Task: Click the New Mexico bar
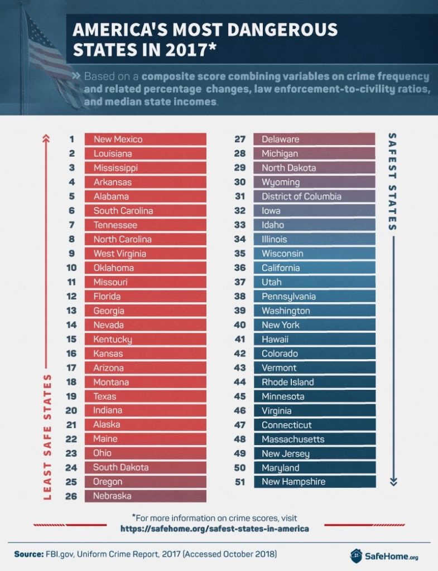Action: tap(145, 139)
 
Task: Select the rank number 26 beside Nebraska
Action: tap(71, 496)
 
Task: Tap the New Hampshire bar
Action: tap(314, 482)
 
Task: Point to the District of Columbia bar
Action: tap(314, 196)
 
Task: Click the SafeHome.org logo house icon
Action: tap(357, 555)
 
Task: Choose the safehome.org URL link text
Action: tap(214, 528)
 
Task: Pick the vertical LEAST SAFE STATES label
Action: tap(47, 437)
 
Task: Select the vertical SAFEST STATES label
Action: tap(392, 181)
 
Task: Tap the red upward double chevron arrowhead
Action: tap(45, 138)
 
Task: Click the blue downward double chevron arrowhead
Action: tap(392, 481)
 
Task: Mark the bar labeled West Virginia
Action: tap(145, 254)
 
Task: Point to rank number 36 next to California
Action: tap(240, 268)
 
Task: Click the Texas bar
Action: tap(145, 396)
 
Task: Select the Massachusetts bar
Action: tap(314, 439)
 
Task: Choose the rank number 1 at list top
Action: tap(71, 139)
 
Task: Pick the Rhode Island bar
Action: tap(314, 382)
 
